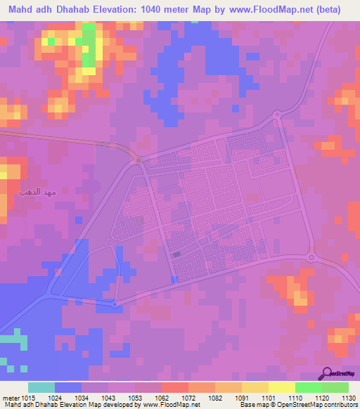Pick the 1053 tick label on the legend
coord(135,397)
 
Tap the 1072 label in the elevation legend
coord(188,397)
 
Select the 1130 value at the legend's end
coord(347,397)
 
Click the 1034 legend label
coord(82,397)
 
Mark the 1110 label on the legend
coord(295,397)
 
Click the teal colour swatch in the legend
coord(41,387)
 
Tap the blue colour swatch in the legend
coord(68,387)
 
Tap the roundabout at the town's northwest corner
coord(139,160)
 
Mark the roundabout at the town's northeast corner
coord(277,114)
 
